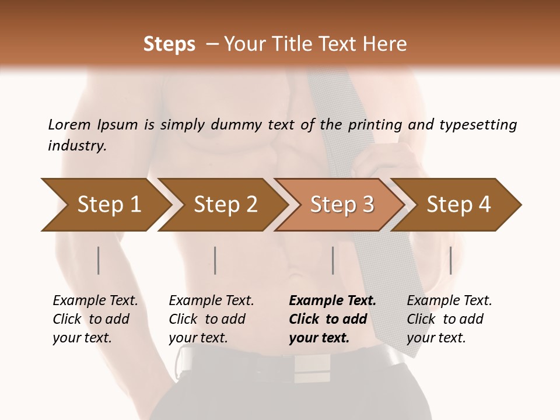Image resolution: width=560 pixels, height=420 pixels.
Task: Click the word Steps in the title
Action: (169, 44)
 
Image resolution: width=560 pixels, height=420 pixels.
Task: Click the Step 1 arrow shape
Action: (105, 205)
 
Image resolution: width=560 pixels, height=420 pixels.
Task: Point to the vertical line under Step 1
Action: (99, 260)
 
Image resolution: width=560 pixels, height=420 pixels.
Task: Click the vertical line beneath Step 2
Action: (215, 260)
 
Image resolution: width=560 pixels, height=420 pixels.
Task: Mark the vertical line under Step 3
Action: (333, 260)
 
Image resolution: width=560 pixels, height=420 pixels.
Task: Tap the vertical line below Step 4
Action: (450, 260)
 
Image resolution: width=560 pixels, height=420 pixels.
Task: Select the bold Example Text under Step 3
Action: (332, 319)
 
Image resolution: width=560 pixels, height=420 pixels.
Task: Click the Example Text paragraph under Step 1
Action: (95, 319)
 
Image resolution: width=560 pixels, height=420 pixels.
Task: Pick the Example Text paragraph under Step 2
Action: (211, 319)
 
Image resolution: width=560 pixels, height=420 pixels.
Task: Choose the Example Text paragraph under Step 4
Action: (449, 319)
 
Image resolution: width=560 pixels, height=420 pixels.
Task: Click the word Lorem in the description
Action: (69, 124)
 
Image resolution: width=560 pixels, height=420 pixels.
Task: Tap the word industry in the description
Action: (76, 146)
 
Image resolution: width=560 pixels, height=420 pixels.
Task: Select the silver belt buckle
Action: (311, 364)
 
